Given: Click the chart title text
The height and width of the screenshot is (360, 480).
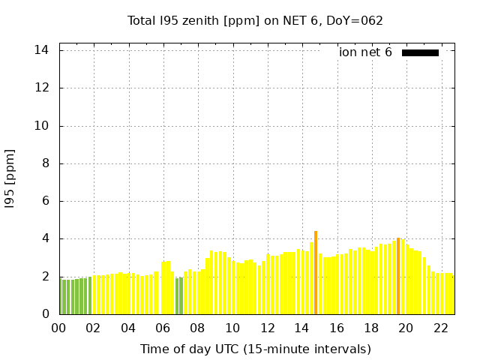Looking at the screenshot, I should pyautogui.click(x=255, y=20).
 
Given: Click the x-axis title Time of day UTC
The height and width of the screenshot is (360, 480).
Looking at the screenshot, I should pyautogui.click(x=256, y=349).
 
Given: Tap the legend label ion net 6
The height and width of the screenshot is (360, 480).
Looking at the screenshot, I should pyautogui.click(x=365, y=52).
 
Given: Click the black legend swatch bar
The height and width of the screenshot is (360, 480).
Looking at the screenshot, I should pyautogui.click(x=420, y=52).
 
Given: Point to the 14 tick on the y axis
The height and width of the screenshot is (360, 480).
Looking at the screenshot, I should pyautogui.click(x=42, y=50).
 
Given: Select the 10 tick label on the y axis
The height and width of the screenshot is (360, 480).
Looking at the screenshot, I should pyautogui.click(x=42, y=126).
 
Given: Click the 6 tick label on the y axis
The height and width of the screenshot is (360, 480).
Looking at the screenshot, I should pyautogui.click(x=45, y=201).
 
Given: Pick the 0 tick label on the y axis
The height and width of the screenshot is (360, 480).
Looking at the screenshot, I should pyautogui.click(x=45, y=314).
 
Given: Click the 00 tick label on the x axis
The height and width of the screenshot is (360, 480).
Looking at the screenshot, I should pyautogui.click(x=59, y=328).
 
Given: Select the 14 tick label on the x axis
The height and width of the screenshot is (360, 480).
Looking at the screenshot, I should pyautogui.click(x=302, y=328).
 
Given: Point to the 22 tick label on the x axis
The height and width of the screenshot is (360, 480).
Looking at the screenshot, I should pyautogui.click(x=441, y=328).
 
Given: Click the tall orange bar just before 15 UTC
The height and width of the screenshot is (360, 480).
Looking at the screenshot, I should pyautogui.click(x=316, y=273).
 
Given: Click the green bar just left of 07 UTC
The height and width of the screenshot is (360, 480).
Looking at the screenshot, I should pyautogui.click(x=177, y=296).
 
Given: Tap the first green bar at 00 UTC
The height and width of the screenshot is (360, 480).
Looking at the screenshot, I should pyautogui.click(x=61, y=297).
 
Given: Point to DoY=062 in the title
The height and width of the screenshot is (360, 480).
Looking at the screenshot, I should pyautogui.click(x=355, y=20).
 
